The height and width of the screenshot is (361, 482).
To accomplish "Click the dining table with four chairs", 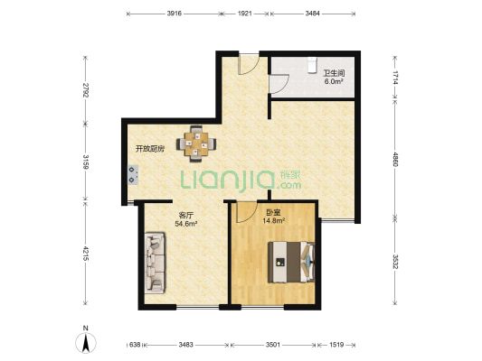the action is point(196,143).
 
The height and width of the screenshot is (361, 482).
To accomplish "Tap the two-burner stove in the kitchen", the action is point(133,175).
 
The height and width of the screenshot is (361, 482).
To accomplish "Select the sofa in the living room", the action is point(155,263).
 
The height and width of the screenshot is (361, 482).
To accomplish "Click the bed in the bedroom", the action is point(291,263).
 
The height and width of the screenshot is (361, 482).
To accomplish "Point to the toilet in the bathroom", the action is point(312,65).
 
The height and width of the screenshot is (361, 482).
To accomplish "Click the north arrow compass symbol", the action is point(86,342).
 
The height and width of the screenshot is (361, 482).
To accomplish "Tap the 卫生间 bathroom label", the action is point(334,73).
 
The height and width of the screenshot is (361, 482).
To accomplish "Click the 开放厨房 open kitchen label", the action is point(150,149).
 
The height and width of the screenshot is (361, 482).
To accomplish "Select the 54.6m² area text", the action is point(186,224).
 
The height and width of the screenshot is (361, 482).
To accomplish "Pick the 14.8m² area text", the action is point(273,220).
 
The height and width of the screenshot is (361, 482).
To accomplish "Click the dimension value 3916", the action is point(175,14).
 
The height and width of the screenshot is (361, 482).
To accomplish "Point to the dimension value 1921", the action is point(245,14).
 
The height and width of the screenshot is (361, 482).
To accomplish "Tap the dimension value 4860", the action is point(395,159).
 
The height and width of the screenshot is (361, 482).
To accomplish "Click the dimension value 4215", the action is point(86,254).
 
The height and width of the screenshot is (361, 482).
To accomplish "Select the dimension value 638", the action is point(135,345).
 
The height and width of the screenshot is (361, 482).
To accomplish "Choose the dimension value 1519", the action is point(336,345).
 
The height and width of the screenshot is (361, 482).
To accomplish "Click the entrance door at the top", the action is point(249,64).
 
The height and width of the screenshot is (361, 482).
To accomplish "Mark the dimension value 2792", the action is point(86,90).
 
